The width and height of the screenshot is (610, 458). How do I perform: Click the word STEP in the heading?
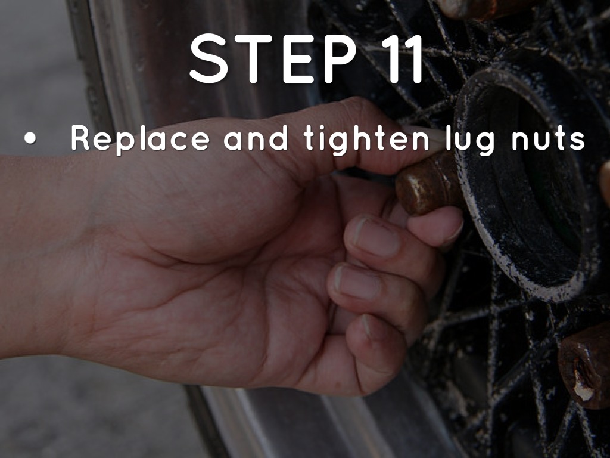point(273,59)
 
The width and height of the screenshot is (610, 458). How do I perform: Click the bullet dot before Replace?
point(30,138)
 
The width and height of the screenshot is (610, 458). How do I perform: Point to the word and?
point(256,138)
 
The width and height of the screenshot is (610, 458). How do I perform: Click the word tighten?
point(367,140)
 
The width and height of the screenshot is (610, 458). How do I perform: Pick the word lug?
point(471,140)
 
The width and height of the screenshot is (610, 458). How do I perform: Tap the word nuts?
point(548,140)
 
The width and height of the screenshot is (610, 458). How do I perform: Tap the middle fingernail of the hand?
point(376,237)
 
